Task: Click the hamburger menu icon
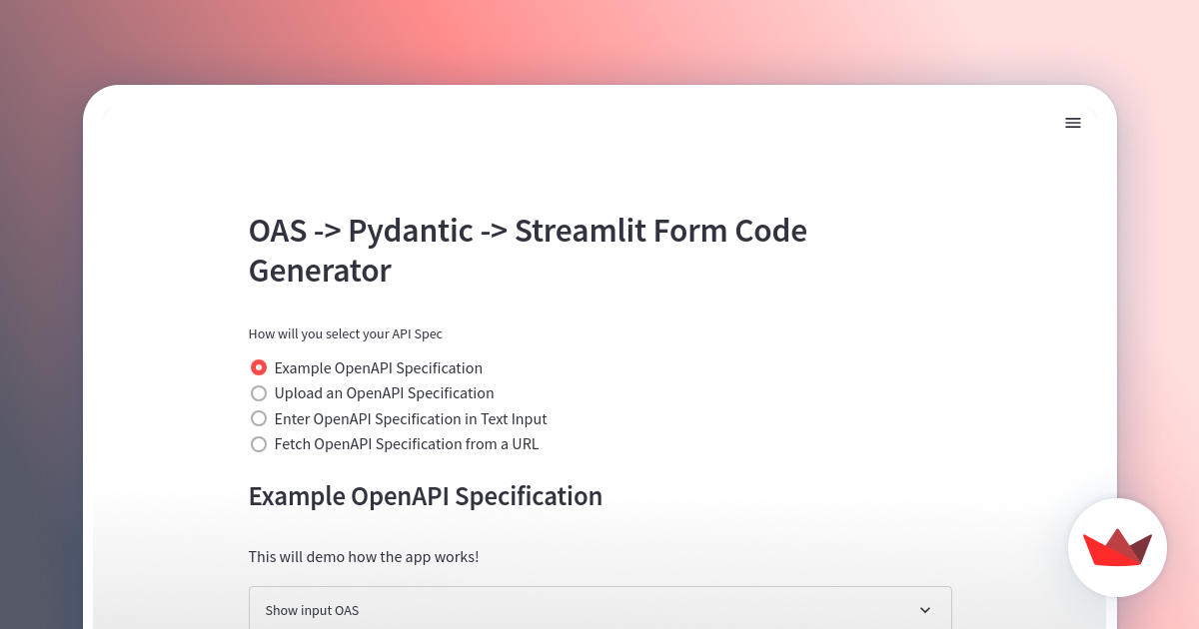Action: [x=1073, y=123]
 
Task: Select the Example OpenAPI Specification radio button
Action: [x=259, y=367]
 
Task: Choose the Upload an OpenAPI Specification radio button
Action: [x=259, y=393]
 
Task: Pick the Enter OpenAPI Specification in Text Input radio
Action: [x=259, y=418]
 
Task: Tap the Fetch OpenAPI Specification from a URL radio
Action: [x=259, y=444]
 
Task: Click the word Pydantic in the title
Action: [x=410, y=232]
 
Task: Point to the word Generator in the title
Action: [x=320, y=271]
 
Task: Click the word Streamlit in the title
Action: [x=580, y=231]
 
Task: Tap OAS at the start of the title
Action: [x=277, y=231]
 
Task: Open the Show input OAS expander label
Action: [x=312, y=610]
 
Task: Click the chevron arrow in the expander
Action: [x=925, y=610]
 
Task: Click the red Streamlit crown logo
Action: [x=1117, y=547]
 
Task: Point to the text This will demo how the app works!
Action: [x=364, y=556]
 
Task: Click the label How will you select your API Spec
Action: [x=345, y=334]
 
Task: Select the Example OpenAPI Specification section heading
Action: [x=425, y=496]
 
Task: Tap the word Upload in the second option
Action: [x=299, y=393]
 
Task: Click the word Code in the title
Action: [x=770, y=231]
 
